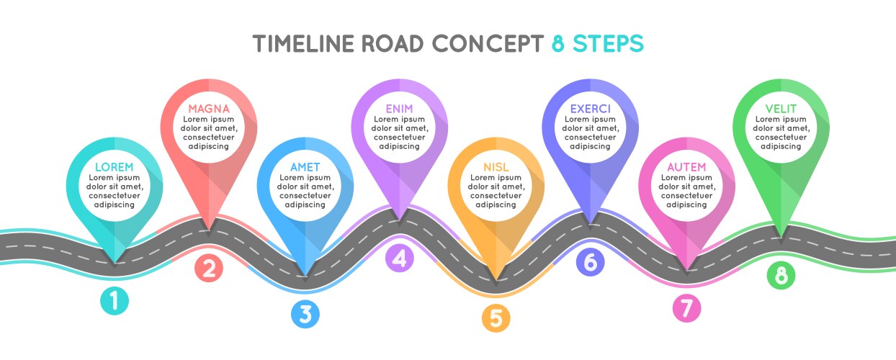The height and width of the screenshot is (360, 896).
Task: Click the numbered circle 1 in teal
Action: click(x=115, y=301)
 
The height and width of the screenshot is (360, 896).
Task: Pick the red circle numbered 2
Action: click(x=209, y=268)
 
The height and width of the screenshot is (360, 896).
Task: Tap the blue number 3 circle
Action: click(x=305, y=314)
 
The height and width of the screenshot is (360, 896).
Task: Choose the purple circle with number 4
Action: click(x=400, y=258)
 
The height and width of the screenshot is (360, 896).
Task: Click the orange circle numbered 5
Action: click(x=496, y=317)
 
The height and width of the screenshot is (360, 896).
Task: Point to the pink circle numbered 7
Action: click(x=686, y=308)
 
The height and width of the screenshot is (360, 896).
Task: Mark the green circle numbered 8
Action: click(x=781, y=275)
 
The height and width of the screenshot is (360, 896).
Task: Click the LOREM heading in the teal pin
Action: click(x=115, y=166)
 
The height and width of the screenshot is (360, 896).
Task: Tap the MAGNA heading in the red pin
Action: click(x=209, y=109)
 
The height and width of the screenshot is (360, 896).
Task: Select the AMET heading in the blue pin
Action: click(x=305, y=167)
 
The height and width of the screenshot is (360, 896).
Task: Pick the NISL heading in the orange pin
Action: click(x=496, y=167)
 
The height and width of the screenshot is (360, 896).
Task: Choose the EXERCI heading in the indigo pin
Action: click(x=590, y=109)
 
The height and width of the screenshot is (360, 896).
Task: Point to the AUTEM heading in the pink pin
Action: click(x=686, y=167)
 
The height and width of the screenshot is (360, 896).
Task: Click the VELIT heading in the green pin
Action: click(x=781, y=109)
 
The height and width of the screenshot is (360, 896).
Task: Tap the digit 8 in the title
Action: click(x=558, y=44)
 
